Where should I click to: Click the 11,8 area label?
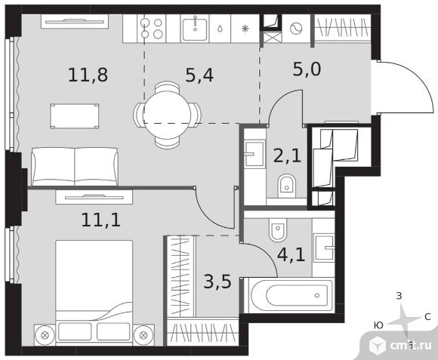(x=88, y=75)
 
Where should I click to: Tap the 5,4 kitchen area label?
(x=199, y=75)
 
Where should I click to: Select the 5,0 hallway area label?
(x=307, y=69)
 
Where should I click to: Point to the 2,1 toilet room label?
(x=287, y=155)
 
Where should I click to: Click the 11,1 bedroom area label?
(x=101, y=220)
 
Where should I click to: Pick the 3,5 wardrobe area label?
(x=217, y=282)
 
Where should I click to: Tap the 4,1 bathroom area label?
(x=291, y=254)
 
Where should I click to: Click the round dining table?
(x=167, y=115)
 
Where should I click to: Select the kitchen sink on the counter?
(x=195, y=28)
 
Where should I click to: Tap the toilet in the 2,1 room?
(x=287, y=186)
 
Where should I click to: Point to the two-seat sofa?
(x=75, y=166)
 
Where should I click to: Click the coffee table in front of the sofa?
(x=75, y=116)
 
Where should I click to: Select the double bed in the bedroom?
(x=94, y=291)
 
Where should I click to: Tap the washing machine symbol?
(x=296, y=28)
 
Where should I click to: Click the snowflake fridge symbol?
(x=245, y=29)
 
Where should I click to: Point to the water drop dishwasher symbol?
(x=220, y=29)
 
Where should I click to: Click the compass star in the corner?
(x=403, y=321)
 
